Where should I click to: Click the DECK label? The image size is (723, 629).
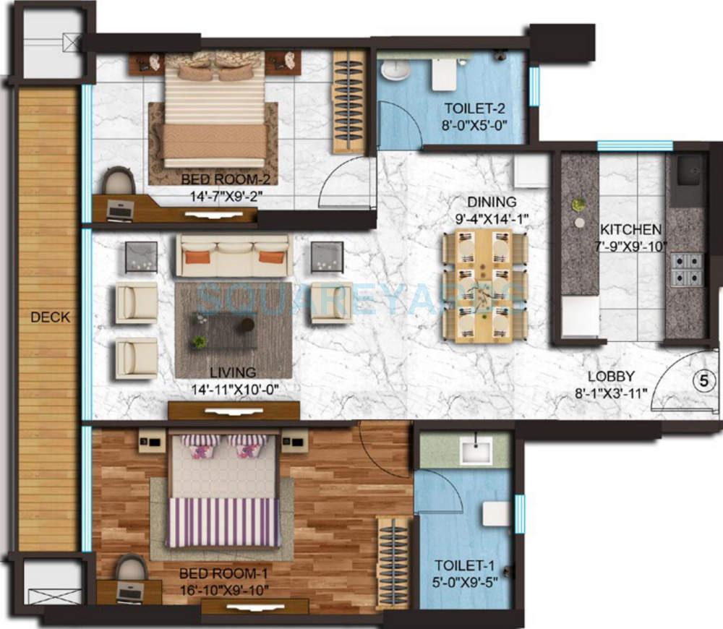click(x=51, y=317)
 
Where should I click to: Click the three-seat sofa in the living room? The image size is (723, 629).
click(x=234, y=254)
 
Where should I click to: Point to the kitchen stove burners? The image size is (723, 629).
click(x=685, y=269)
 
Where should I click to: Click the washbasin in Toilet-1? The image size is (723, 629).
click(x=476, y=450)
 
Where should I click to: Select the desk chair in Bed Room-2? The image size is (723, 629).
click(x=119, y=180)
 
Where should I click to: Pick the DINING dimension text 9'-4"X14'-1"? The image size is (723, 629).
click(x=492, y=218)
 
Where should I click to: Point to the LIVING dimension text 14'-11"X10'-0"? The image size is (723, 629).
click(x=234, y=389)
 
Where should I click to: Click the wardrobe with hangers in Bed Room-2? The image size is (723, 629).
click(x=348, y=101)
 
